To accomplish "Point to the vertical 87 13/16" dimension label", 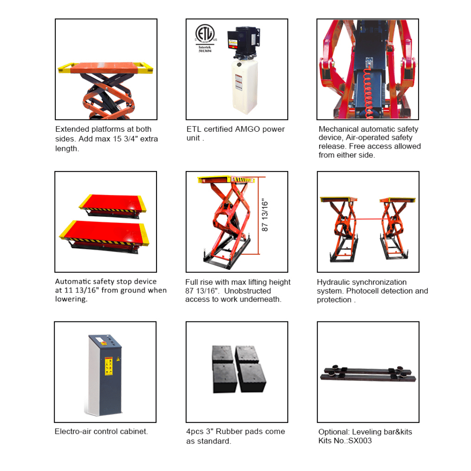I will point(264,215).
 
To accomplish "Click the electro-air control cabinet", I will point(105,375).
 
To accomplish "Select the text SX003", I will point(360,441).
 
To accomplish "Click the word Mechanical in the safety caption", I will point(339,129).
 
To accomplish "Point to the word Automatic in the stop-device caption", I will point(73,281).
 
